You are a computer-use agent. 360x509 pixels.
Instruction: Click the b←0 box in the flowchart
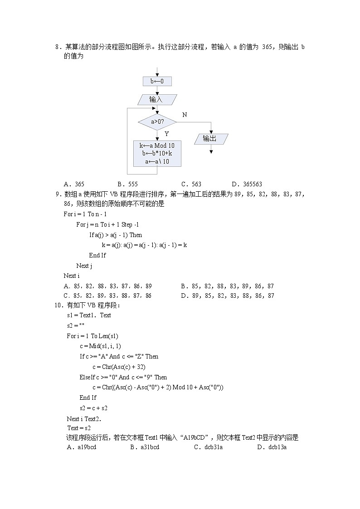[x=157, y=82]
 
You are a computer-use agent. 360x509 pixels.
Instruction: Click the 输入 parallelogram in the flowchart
[x=157, y=100]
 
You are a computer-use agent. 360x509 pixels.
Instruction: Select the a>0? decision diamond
[x=157, y=122]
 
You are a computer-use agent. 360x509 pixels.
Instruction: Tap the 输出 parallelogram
[x=210, y=139]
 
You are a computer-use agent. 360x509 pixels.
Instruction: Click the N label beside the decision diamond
[x=185, y=115]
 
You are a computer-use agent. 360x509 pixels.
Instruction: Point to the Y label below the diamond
[x=166, y=134]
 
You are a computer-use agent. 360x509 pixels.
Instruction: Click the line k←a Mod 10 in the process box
[x=157, y=145]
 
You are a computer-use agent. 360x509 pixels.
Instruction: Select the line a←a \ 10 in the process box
[x=157, y=161]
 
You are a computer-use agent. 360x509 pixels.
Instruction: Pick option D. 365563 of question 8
[x=247, y=184]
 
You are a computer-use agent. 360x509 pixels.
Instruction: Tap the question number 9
[x=58, y=194]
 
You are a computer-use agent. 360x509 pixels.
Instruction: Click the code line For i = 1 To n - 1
[x=85, y=214]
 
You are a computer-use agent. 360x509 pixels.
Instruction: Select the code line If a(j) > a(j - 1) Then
[x=115, y=235]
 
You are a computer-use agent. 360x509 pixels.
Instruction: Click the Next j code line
[x=84, y=266]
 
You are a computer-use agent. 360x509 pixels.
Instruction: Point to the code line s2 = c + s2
[x=93, y=408]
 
